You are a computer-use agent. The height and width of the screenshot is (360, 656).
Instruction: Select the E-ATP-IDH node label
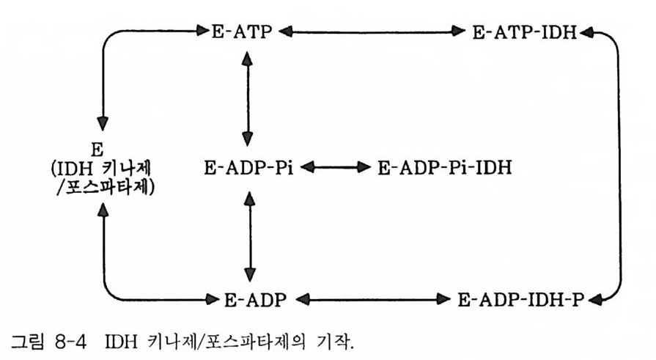point(525,32)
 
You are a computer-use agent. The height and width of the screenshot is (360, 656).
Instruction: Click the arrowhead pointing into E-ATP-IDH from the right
point(588,32)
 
